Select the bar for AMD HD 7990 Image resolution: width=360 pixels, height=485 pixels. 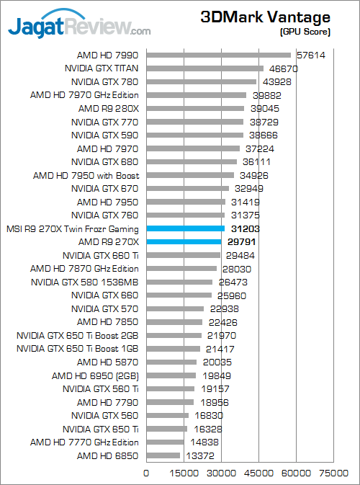coord(219,55)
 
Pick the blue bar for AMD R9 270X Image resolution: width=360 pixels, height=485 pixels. coord(184,241)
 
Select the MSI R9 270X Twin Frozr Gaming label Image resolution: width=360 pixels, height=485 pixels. coord(72,228)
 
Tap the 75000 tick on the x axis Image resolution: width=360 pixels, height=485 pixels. coord(332,473)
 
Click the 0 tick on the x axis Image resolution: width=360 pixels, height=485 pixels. coord(147,473)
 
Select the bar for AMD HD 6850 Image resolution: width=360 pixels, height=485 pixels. coord(163,455)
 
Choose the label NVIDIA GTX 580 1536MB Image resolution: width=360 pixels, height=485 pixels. coord(81,282)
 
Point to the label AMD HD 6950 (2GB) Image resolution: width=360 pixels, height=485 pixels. coord(95,375)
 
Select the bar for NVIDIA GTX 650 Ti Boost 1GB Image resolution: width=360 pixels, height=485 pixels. coord(174,349)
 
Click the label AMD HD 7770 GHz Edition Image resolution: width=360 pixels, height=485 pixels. coord(84,442)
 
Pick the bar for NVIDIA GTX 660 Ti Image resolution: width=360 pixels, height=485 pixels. coord(184,255)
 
